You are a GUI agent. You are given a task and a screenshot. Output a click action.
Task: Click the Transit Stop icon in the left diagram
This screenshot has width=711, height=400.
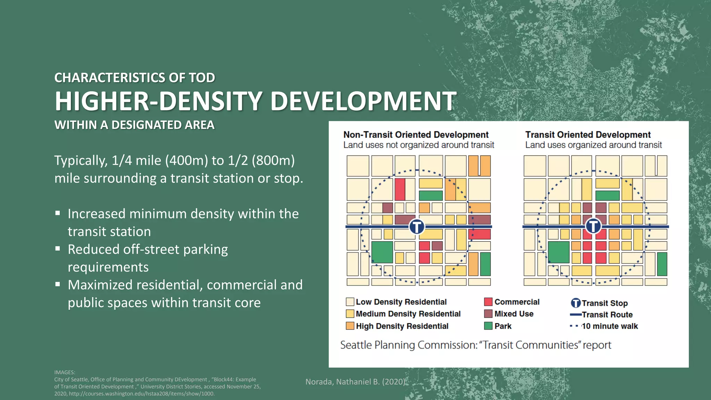(417, 227)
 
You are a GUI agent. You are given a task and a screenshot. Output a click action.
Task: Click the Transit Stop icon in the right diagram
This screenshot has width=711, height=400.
(593, 226)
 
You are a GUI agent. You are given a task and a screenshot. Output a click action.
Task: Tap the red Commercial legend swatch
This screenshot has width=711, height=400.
(488, 301)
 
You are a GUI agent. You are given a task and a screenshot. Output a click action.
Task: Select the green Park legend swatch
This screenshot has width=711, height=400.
(488, 326)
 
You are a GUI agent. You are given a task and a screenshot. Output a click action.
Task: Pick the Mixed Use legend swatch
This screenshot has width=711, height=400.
(488, 314)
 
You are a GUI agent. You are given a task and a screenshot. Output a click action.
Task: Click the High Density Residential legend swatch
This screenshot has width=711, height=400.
(350, 326)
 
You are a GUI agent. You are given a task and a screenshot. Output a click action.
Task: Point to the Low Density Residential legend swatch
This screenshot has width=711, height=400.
(350, 301)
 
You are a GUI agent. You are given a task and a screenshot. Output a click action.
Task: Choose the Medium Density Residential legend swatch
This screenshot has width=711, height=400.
(350, 314)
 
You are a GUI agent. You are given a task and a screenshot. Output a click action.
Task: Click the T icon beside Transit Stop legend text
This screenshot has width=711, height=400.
(576, 303)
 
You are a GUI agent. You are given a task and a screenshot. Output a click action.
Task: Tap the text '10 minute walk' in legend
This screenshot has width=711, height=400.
(610, 326)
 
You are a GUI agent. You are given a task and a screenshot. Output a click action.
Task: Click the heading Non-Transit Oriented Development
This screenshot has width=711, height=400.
(416, 135)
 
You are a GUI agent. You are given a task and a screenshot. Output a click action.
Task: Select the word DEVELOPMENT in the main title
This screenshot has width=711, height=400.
(363, 101)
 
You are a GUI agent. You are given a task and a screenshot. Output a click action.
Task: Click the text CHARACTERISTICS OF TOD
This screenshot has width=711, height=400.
(135, 78)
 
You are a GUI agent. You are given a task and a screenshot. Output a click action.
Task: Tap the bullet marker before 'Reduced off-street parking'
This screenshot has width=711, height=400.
(58, 249)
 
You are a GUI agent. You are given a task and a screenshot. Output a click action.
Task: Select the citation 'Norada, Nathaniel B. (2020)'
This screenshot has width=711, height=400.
(355, 382)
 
